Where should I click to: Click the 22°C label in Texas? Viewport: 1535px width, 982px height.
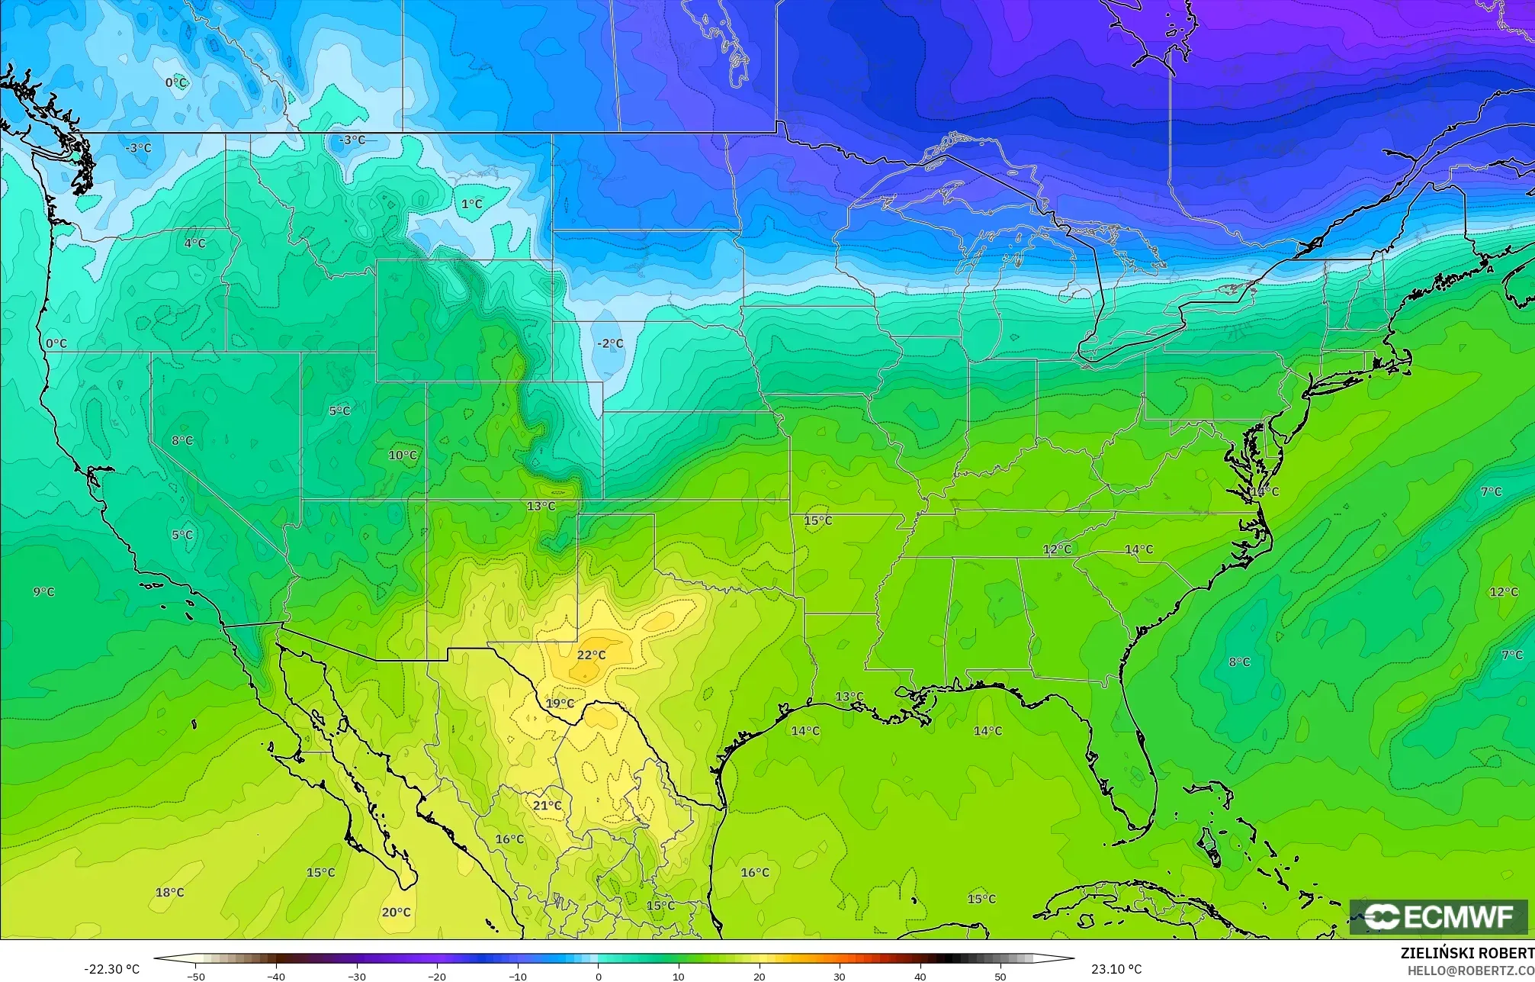[x=591, y=655]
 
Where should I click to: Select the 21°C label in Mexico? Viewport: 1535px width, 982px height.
[x=547, y=806]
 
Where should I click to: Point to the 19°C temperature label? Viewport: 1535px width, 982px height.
[x=560, y=703]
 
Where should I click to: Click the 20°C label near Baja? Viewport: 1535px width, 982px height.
[x=396, y=912]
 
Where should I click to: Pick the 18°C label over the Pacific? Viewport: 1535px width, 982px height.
[x=169, y=892]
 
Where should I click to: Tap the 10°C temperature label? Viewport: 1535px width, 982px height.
[x=403, y=455]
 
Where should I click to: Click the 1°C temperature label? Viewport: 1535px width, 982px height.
[x=471, y=204]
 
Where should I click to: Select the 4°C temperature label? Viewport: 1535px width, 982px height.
[x=194, y=243]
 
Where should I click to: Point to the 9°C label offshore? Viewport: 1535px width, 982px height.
[x=43, y=591]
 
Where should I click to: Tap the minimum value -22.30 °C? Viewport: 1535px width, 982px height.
[x=111, y=969]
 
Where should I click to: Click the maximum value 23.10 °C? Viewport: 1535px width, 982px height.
[x=1116, y=969]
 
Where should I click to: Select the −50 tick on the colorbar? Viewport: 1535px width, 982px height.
[x=195, y=976]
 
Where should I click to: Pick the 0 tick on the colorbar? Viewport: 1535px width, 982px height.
[x=598, y=976]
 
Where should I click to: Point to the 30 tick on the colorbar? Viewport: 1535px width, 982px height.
[x=840, y=976]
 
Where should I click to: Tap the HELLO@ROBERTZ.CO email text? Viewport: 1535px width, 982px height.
[x=1470, y=970]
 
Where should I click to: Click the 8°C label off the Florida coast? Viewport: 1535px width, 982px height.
[x=1239, y=662]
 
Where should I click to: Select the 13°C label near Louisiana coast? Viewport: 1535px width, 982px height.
[x=849, y=696]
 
